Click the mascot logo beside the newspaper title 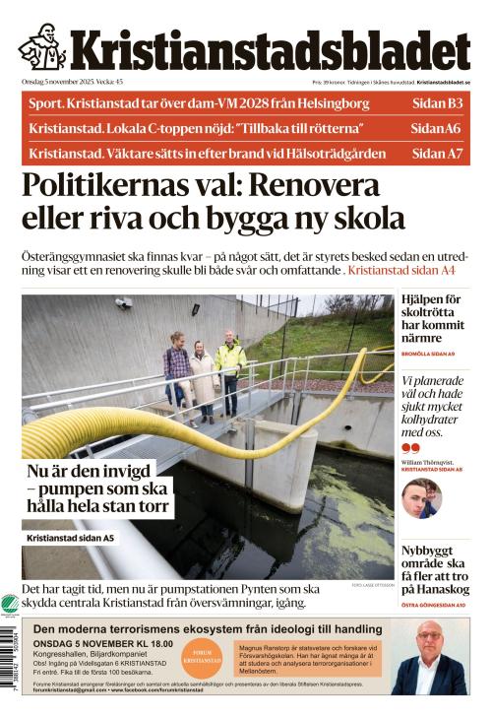(x=41, y=46)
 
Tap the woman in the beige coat (x=203, y=379)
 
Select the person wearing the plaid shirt (x=177, y=369)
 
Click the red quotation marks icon (x=410, y=448)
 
